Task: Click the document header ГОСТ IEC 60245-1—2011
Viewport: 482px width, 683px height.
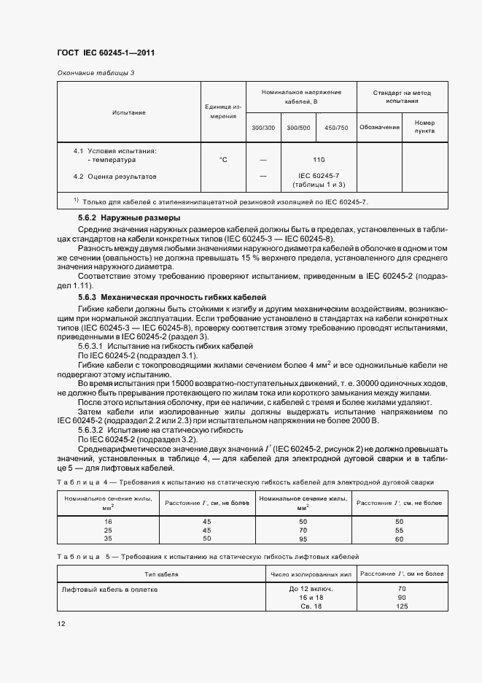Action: pyautogui.click(x=106, y=53)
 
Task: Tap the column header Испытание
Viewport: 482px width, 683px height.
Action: pyautogui.click(x=129, y=112)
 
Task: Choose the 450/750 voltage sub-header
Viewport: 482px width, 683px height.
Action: pyautogui.click(x=336, y=128)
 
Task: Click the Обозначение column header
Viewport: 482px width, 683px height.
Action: pyautogui.click(x=380, y=127)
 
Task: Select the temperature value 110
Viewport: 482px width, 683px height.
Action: pyautogui.click(x=318, y=159)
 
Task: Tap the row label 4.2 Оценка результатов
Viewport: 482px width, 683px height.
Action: pyautogui.click(x=114, y=177)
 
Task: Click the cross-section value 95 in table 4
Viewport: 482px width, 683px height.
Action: pyautogui.click(x=303, y=539)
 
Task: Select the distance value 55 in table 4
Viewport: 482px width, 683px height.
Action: pyautogui.click(x=399, y=530)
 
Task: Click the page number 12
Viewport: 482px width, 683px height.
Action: pyautogui.click(x=61, y=625)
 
